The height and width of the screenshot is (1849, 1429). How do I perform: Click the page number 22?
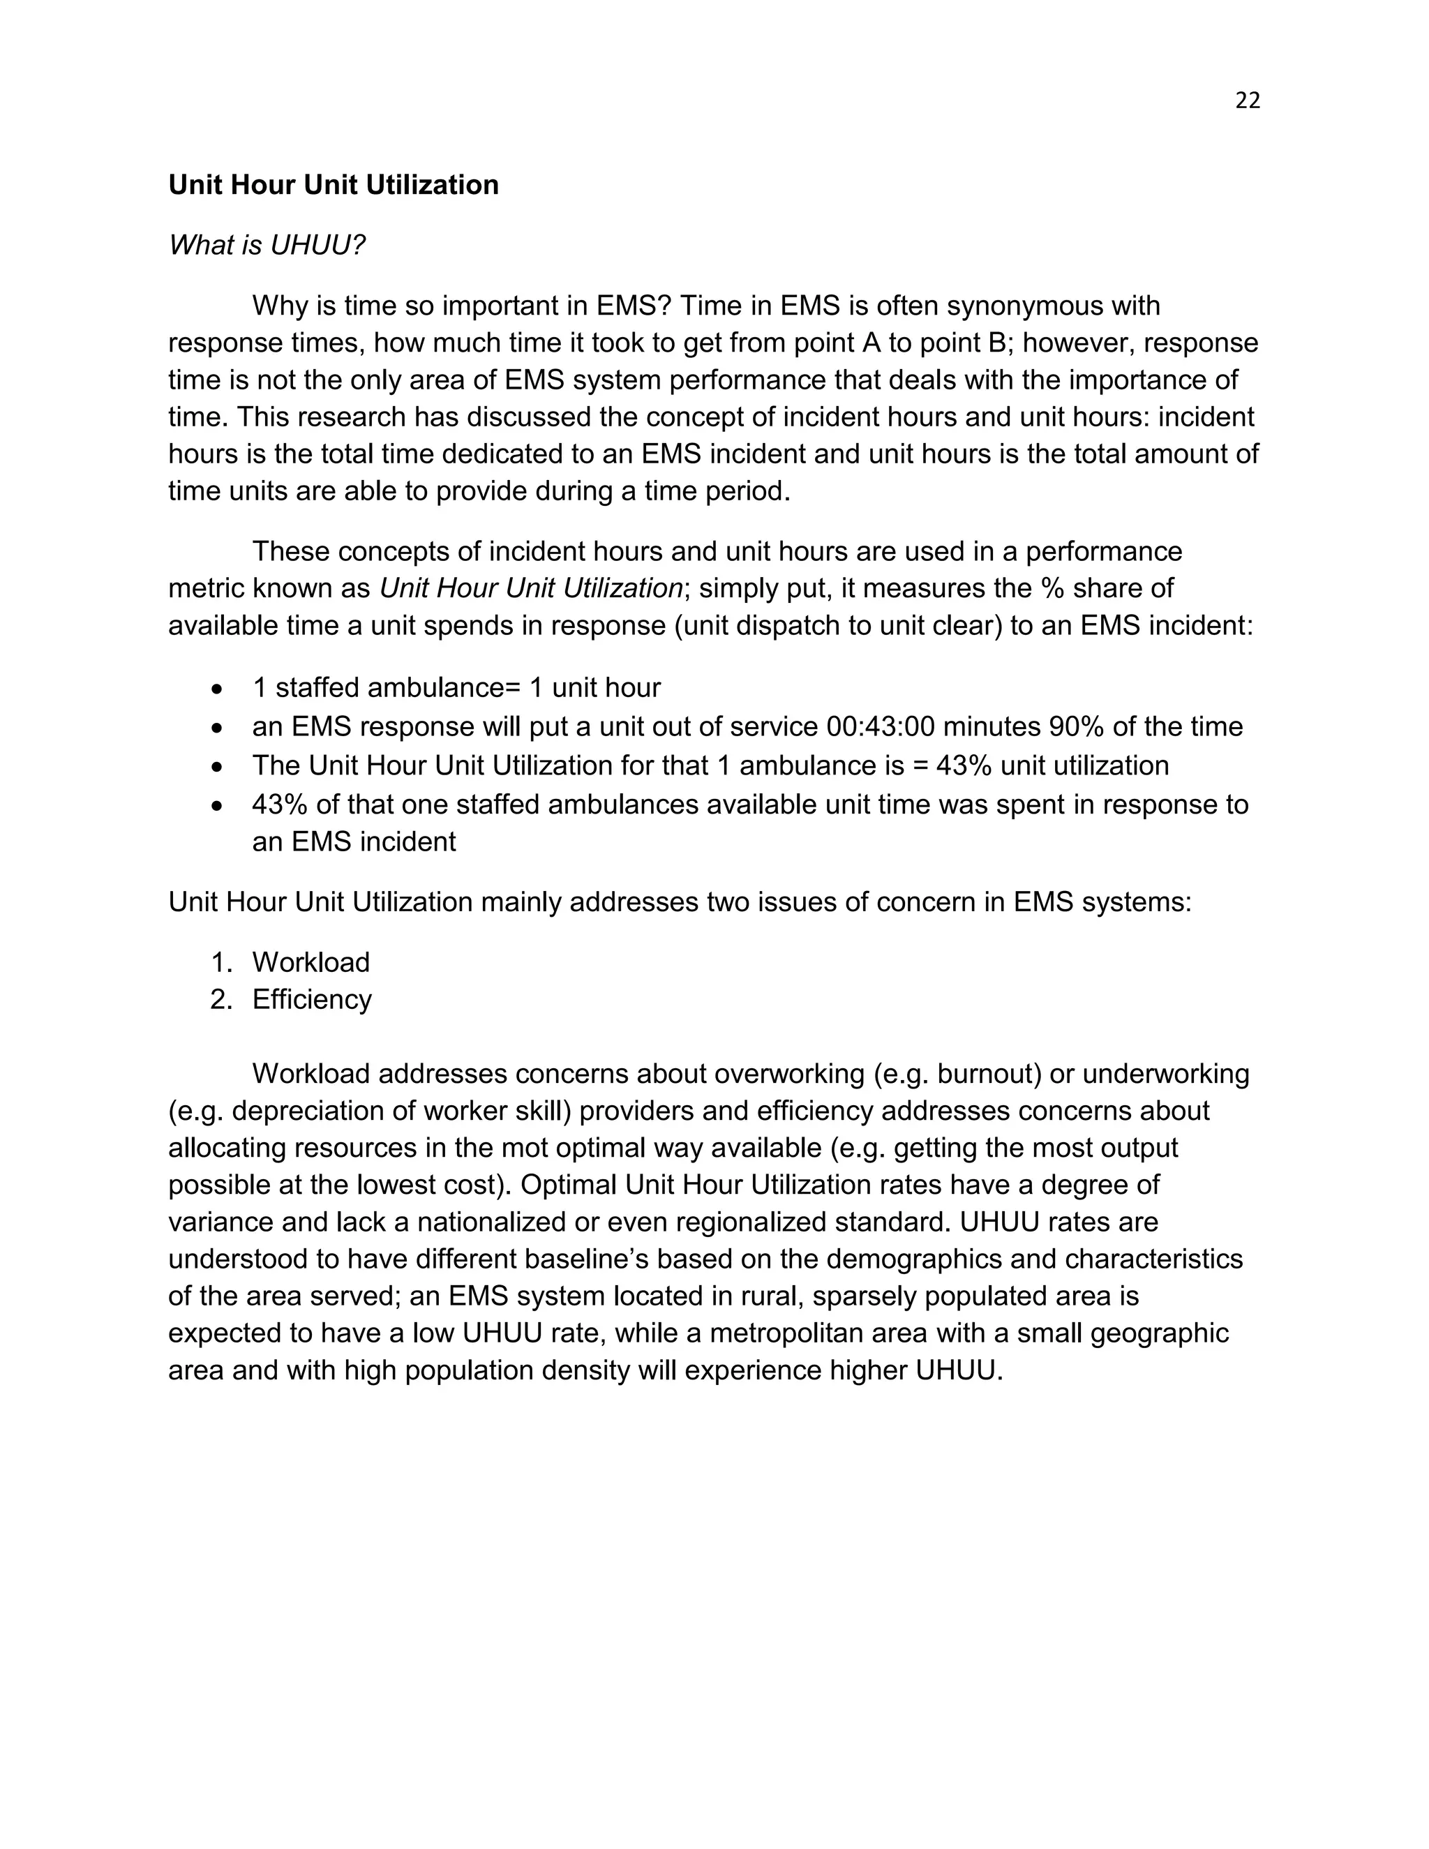(1247, 100)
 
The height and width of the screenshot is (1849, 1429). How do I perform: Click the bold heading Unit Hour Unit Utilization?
(334, 185)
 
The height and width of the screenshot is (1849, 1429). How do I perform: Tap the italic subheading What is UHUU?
(267, 245)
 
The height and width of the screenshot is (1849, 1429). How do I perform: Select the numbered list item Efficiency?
(311, 999)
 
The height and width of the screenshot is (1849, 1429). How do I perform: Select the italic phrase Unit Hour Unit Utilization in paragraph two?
(531, 587)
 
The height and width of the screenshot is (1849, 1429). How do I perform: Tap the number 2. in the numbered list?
(221, 999)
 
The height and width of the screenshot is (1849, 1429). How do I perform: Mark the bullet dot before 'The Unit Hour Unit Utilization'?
(218, 767)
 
